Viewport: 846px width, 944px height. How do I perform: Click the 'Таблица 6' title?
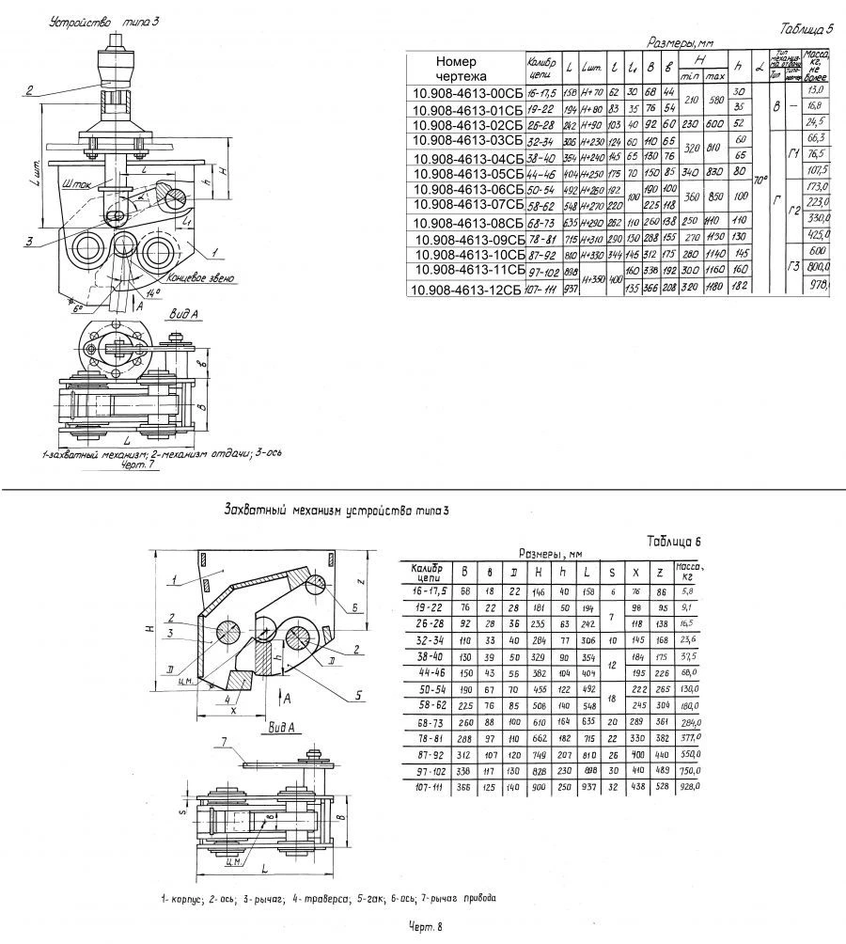[x=675, y=542]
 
